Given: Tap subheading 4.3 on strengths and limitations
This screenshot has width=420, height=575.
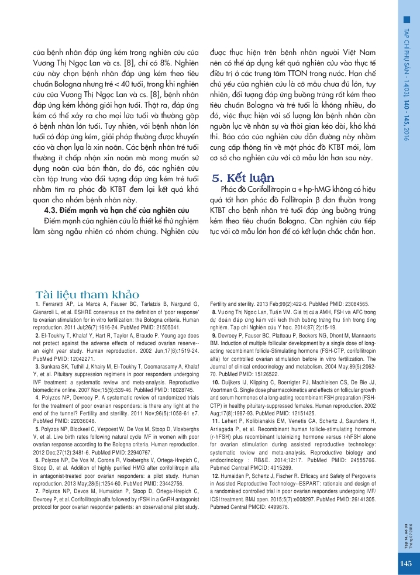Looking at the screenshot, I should (x=117, y=209).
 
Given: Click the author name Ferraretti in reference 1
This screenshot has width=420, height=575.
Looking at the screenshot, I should (x=54, y=304).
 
